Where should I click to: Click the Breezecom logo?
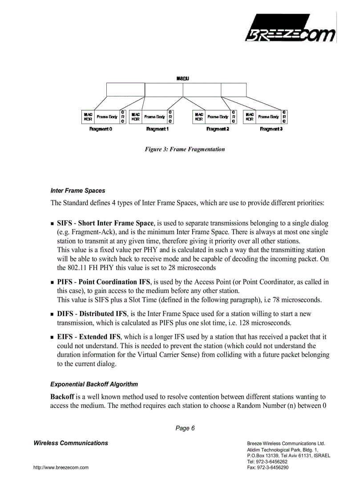pyautogui.click(x=292, y=29)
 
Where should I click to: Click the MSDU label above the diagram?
pyautogui.click(x=183, y=78)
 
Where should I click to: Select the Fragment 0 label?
pyautogui.click(x=101, y=129)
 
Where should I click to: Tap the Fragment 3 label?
pyautogui.click(x=271, y=129)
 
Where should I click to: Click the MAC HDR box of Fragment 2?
pyautogui.click(x=199, y=117)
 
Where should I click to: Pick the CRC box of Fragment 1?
pyautogui.click(x=170, y=117)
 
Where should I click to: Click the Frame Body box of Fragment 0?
pyautogui.click(x=107, y=117)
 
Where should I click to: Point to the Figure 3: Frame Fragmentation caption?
pyautogui.click(x=185, y=149)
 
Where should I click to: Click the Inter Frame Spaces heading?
pyautogui.click(x=78, y=191)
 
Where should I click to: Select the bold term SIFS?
pyautogui.click(x=65, y=223)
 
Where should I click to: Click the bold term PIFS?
pyautogui.click(x=65, y=282)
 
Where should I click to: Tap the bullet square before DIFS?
pyautogui.click(x=52, y=314)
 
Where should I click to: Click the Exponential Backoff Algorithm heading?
pyautogui.click(x=94, y=384)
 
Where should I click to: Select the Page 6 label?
pyautogui.click(x=185, y=428)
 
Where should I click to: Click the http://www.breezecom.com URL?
pyautogui.click(x=61, y=467)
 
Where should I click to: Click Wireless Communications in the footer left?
pyautogui.click(x=71, y=443)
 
